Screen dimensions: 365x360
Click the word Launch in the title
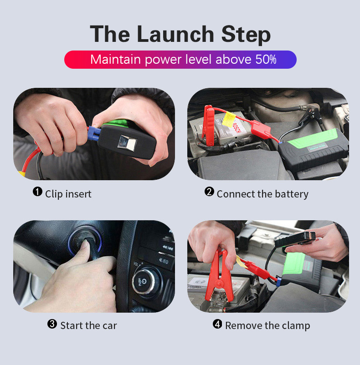pyautogui.click(x=175, y=34)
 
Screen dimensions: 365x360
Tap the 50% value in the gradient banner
pyautogui.click(x=266, y=60)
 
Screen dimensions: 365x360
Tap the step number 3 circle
pyautogui.click(x=52, y=324)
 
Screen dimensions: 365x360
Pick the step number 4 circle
pyautogui.click(x=218, y=324)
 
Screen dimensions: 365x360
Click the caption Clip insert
pyautogui.click(x=68, y=194)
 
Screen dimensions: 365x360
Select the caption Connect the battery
pyautogui.click(x=262, y=194)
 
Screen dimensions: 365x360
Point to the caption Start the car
pyautogui.click(x=88, y=325)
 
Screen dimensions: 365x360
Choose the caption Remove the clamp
pyautogui.click(x=267, y=325)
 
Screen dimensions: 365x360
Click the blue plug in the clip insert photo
pyautogui.click(x=94, y=133)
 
